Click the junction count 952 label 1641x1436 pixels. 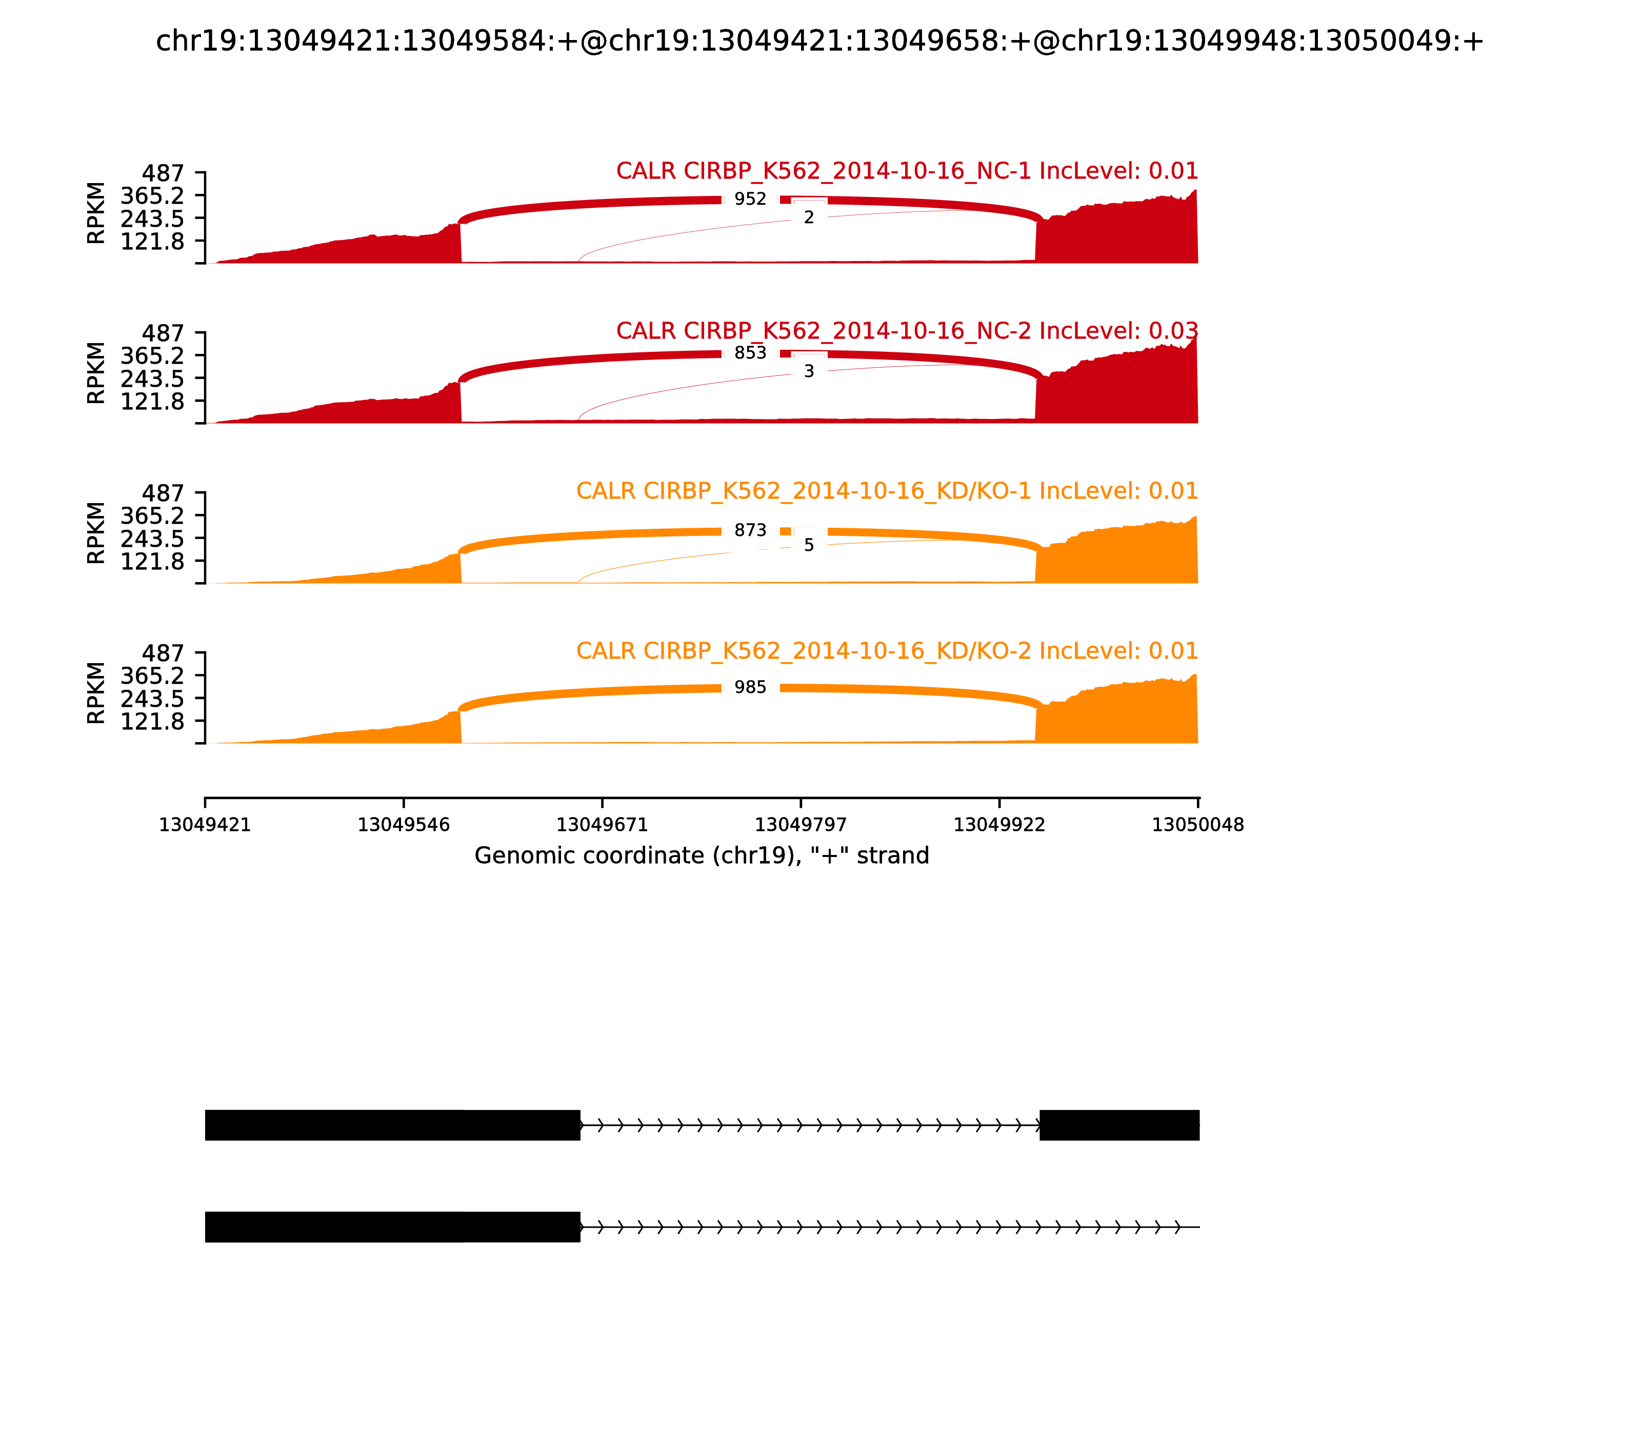point(750,199)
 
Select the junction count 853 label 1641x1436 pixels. point(750,353)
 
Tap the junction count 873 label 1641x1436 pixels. point(750,530)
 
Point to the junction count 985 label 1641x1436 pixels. point(750,687)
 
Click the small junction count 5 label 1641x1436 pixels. point(809,545)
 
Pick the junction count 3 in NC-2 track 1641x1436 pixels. point(809,371)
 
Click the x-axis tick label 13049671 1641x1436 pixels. point(602,825)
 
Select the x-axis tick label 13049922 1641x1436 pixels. point(999,825)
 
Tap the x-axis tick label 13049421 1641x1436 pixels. point(205,825)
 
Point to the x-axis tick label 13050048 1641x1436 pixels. point(1197,825)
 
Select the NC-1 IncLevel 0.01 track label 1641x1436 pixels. point(906,171)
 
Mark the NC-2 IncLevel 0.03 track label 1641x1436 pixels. point(906,330)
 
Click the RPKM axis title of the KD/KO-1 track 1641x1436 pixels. point(95,533)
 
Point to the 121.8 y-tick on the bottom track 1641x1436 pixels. point(152,721)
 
